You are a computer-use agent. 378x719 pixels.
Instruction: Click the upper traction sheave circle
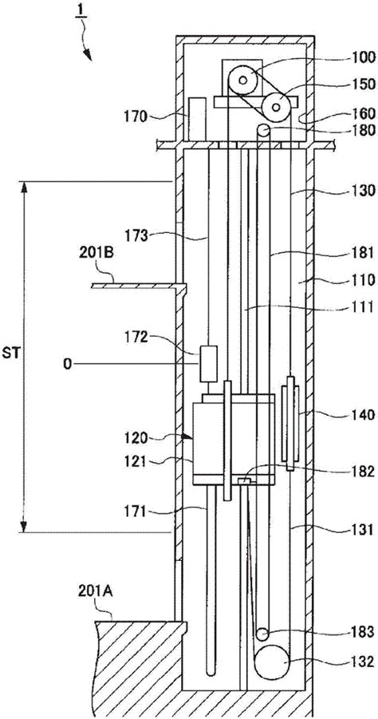pyautogui.click(x=243, y=81)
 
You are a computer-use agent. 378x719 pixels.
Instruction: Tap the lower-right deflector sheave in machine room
pyautogui.click(x=276, y=107)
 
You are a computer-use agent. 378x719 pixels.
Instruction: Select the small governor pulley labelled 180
pyautogui.click(x=263, y=130)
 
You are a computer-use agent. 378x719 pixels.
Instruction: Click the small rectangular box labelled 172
pyautogui.click(x=208, y=365)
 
